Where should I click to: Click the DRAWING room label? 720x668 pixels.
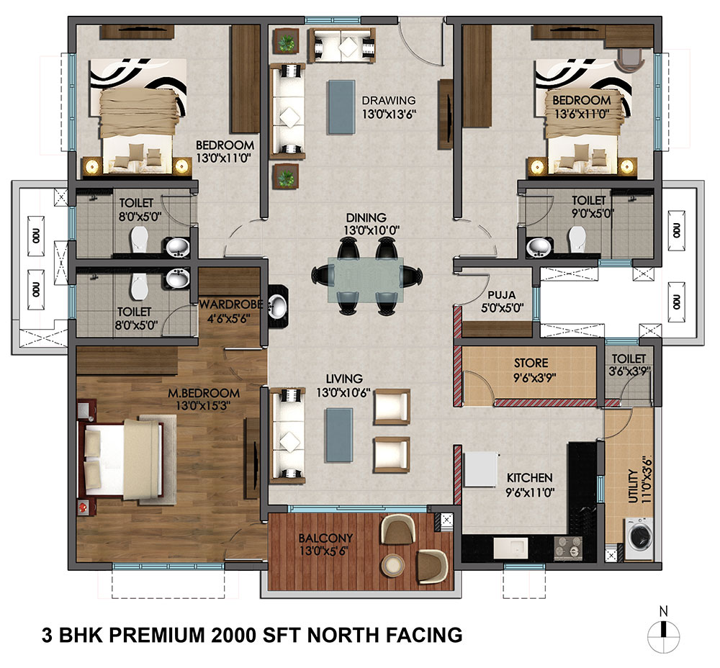point(389,100)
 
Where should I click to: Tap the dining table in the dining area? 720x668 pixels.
point(365,279)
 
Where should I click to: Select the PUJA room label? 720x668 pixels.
point(501,294)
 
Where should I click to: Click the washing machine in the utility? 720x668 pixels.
point(639,533)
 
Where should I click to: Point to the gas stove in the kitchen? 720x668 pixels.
point(568,548)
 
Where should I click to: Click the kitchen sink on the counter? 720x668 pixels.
point(510,549)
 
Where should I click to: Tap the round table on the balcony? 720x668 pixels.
point(394,566)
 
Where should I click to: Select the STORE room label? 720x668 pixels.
point(531,364)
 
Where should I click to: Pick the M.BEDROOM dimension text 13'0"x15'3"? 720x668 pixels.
point(203,406)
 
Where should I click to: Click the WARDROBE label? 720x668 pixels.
point(231,304)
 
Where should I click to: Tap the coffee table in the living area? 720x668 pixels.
point(340,435)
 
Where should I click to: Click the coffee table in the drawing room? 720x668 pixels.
point(341,107)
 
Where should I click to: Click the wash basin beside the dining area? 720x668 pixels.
point(277,304)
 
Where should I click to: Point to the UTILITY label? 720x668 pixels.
point(633,486)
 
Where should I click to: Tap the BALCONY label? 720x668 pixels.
point(325,538)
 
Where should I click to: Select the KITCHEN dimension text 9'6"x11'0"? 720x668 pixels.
point(530,492)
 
